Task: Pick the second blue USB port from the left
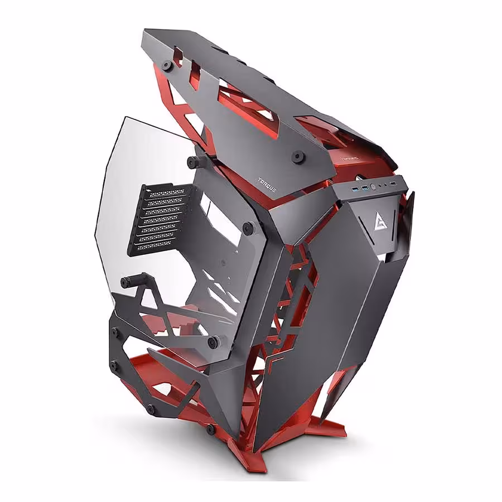coord(364,185)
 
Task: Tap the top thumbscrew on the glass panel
coord(194,162)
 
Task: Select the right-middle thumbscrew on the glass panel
coord(249,228)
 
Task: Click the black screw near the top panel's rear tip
coord(166,65)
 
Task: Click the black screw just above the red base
coord(210,429)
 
